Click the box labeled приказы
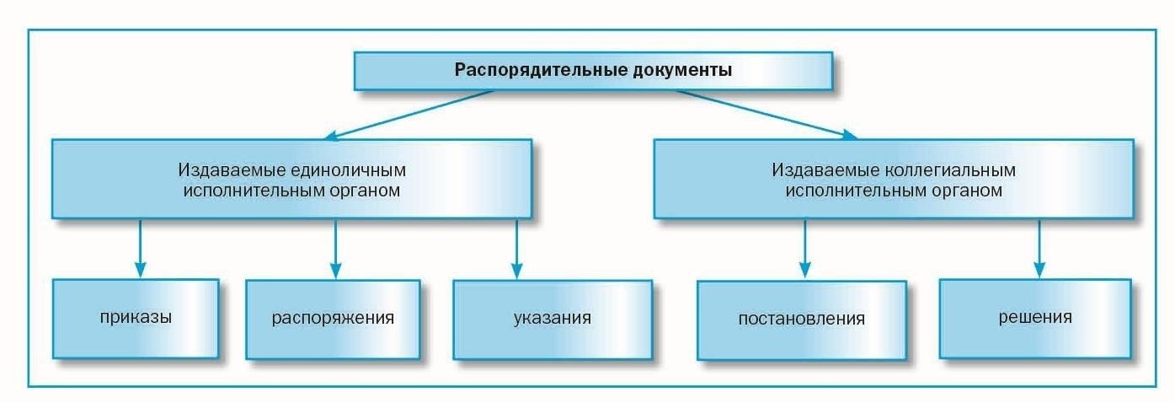(x=136, y=319)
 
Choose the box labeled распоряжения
(x=334, y=320)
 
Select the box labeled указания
(x=552, y=320)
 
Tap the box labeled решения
(x=1035, y=318)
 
